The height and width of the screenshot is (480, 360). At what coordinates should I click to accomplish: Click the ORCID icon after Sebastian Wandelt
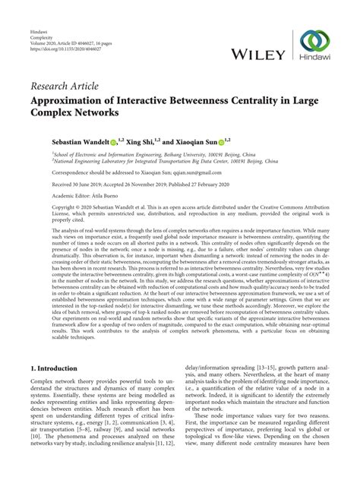tap(113, 142)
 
